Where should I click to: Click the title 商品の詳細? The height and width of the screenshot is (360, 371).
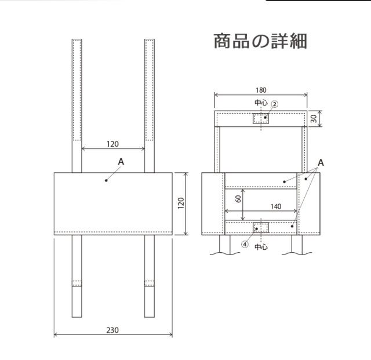pyautogui.click(x=260, y=41)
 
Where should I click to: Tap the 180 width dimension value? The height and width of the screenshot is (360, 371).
pyautogui.click(x=261, y=90)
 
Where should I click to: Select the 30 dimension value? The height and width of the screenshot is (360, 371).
pyautogui.click(x=314, y=118)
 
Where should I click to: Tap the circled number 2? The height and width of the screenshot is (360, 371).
pyautogui.click(x=275, y=104)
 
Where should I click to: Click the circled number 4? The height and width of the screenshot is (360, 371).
pyautogui.click(x=246, y=245)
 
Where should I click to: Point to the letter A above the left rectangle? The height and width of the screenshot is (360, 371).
pyautogui.click(x=121, y=163)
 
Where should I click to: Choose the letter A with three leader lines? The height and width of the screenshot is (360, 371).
pyautogui.click(x=321, y=163)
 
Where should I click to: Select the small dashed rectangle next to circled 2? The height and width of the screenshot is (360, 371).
pyautogui.click(x=261, y=118)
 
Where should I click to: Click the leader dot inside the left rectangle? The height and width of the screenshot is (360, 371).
pyautogui.click(x=107, y=180)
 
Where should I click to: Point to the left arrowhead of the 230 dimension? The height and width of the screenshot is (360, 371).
pyautogui.click(x=55, y=335)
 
